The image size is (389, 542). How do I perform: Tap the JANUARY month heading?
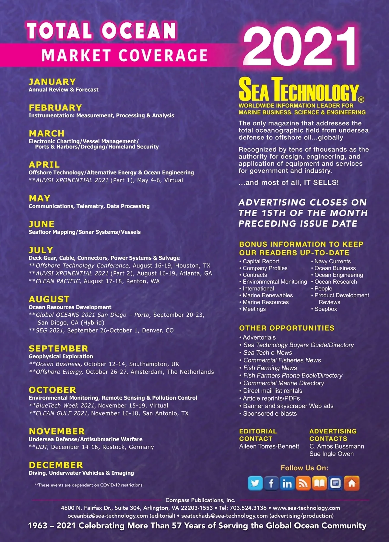(x=52, y=82)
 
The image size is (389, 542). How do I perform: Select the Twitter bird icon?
(x=255, y=484)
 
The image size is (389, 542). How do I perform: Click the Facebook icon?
(x=271, y=484)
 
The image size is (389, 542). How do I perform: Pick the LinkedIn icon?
(x=287, y=484)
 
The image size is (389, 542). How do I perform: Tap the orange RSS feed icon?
(x=303, y=484)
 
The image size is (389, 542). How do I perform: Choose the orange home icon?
(x=352, y=484)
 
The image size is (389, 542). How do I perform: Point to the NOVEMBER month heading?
(x=57, y=431)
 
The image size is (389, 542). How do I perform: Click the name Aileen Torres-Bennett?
(x=269, y=446)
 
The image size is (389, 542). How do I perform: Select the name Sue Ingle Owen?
(x=331, y=454)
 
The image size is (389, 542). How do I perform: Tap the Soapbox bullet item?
(x=325, y=309)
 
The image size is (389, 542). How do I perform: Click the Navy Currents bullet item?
(x=332, y=261)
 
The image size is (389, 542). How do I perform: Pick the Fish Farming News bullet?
(x=270, y=368)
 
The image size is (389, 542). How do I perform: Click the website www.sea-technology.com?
(x=306, y=508)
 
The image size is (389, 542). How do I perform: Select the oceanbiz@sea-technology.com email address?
(x=108, y=516)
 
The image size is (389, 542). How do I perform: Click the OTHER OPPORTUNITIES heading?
(x=287, y=328)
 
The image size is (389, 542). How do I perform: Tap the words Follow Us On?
(x=304, y=468)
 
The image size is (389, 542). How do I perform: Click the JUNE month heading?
(x=41, y=224)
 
